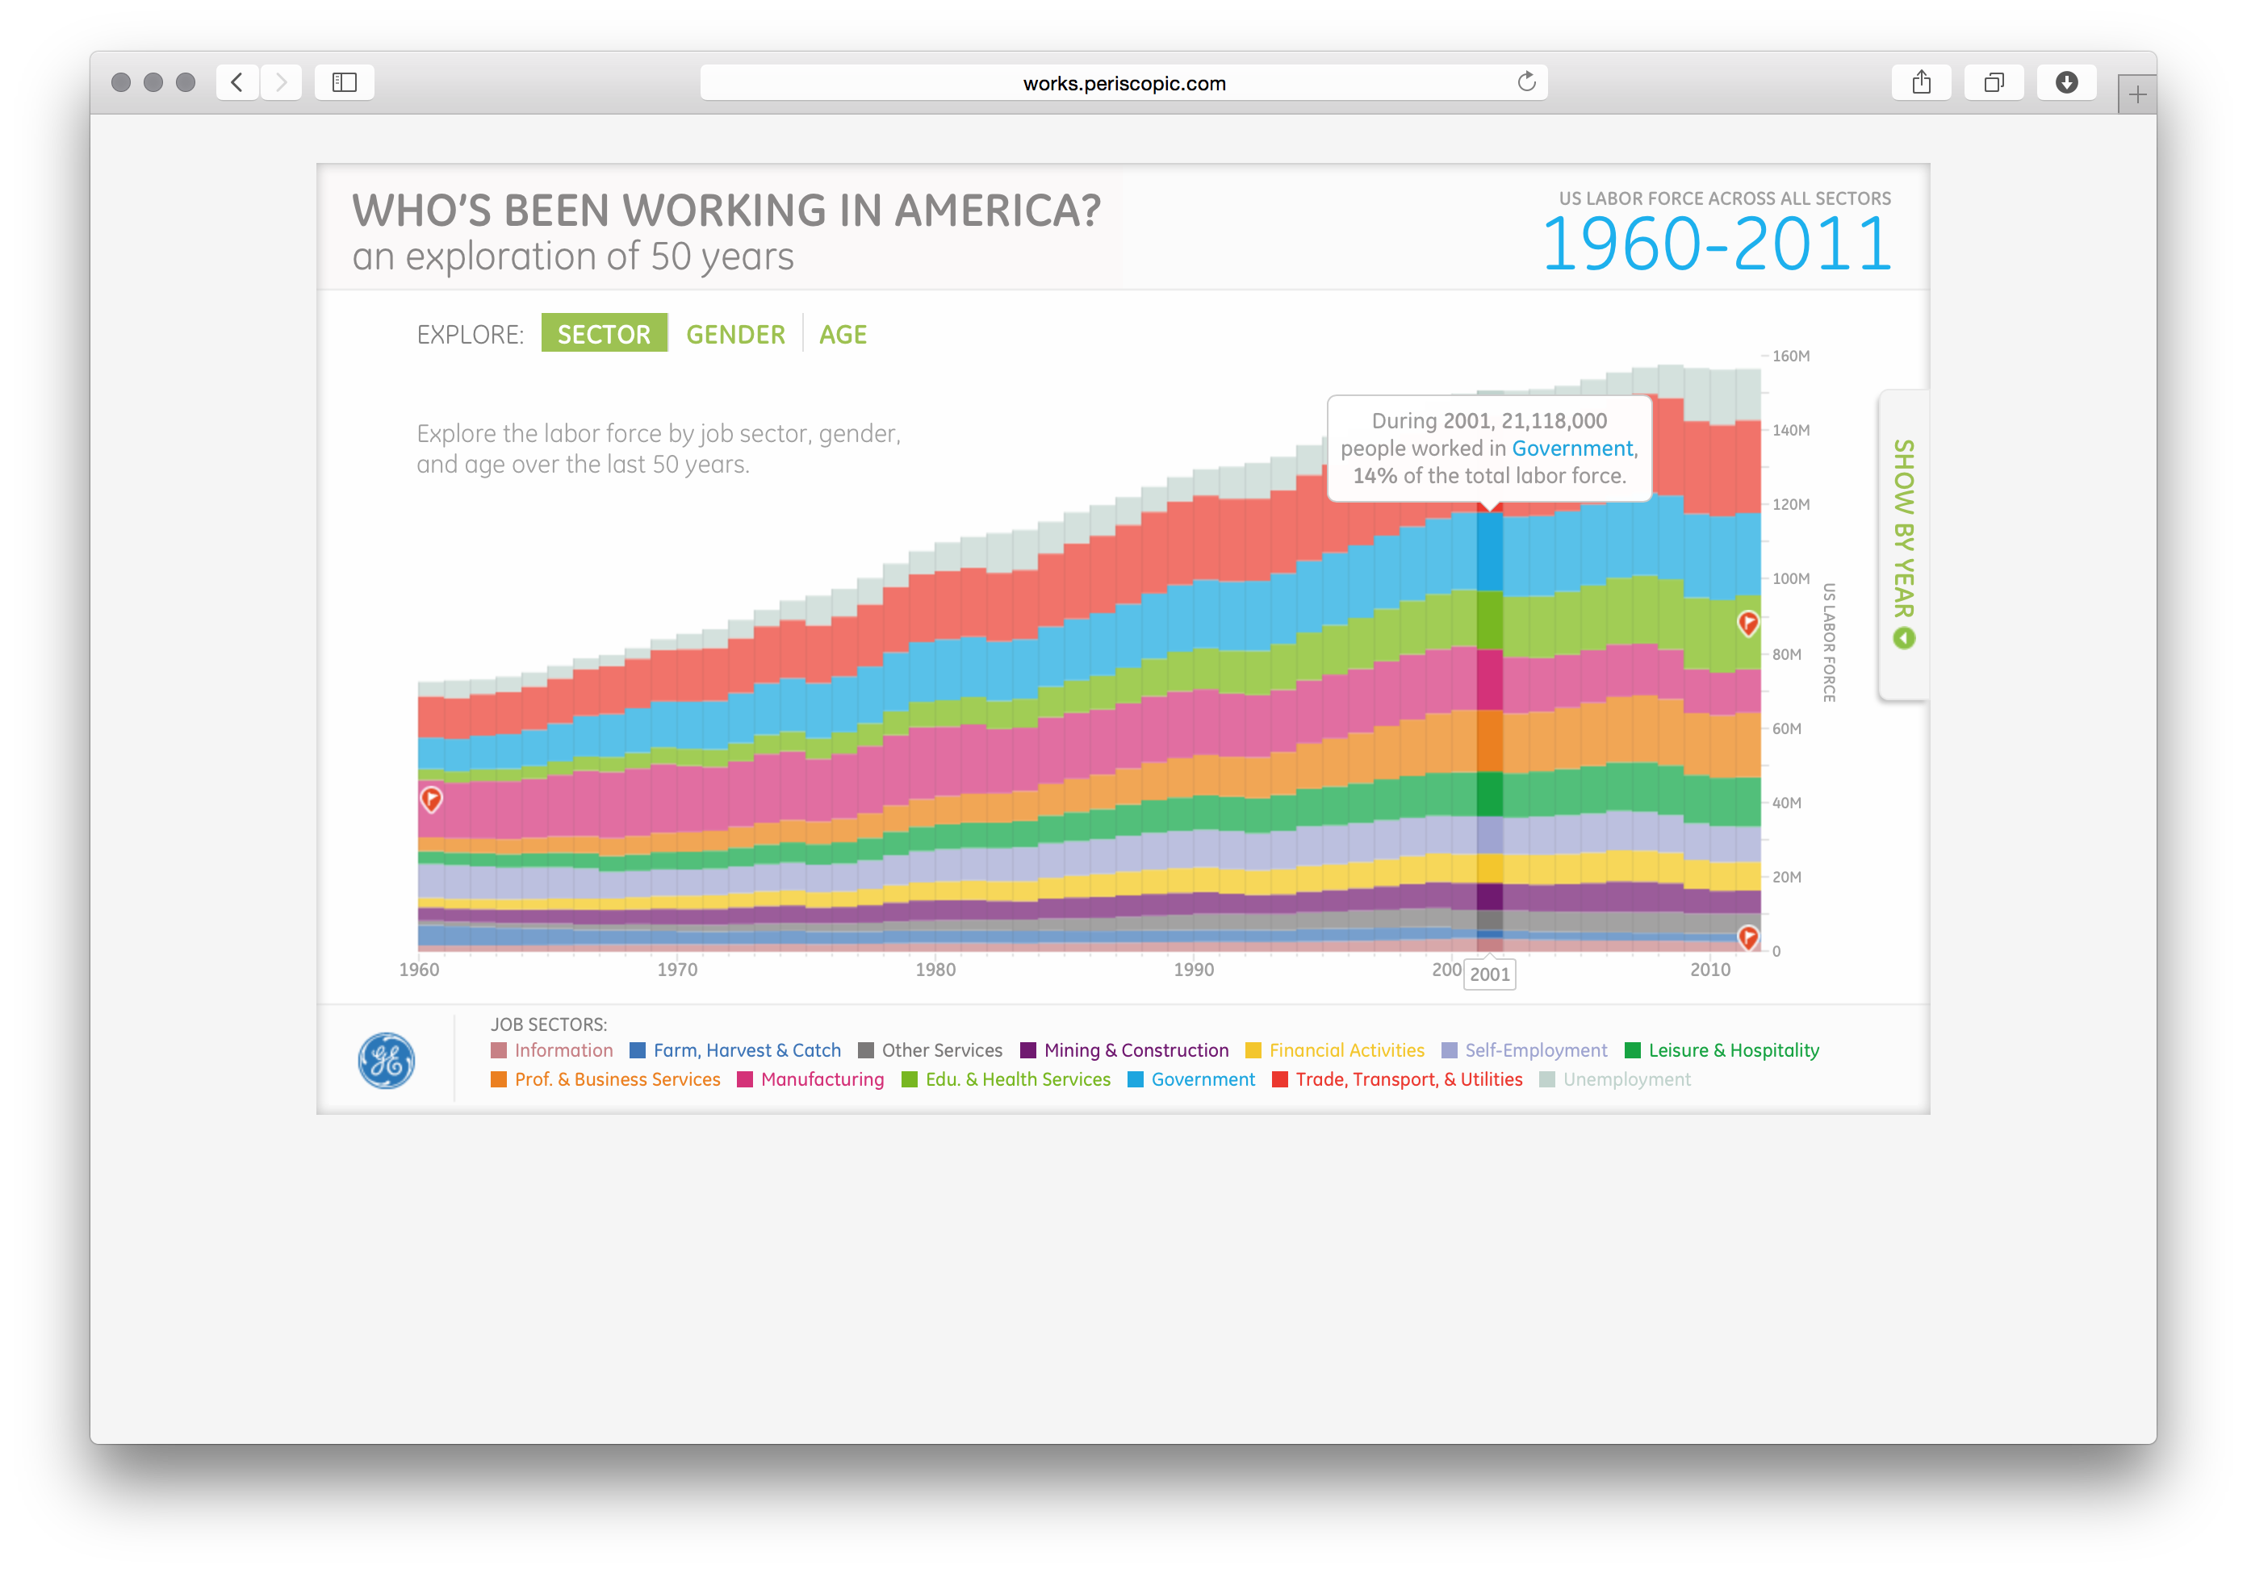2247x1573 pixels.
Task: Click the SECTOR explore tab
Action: [x=604, y=334]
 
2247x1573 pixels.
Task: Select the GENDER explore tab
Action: [x=735, y=335]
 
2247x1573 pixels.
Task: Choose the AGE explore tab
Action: [x=843, y=335]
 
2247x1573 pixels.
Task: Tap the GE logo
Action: [x=387, y=1061]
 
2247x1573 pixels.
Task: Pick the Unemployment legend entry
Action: [x=1626, y=1079]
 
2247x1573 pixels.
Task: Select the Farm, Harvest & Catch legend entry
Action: [x=746, y=1049]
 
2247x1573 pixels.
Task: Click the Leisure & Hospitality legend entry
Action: [x=1732, y=1049]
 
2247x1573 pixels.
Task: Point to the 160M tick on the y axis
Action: [x=1790, y=356]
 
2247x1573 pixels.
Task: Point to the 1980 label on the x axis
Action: [x=935, y=970]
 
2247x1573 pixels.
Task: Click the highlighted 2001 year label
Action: [x=1489, y=974]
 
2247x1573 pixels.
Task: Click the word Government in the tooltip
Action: [x=1571, y=448]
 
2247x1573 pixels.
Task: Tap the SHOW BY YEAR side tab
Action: [x=1903, y=543]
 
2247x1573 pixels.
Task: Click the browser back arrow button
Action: [x=236, y=82]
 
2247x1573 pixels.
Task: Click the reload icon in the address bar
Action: [x=1525, y=82]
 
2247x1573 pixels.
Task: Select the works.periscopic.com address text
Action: [x=1123, y=83]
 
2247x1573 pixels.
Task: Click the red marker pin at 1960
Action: [x=432, y=799]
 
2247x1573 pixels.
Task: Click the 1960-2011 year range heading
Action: [x=1716, y=244]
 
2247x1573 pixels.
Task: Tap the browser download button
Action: [x=2066, y=82]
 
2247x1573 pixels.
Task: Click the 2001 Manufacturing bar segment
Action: [x=1489, y=679]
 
